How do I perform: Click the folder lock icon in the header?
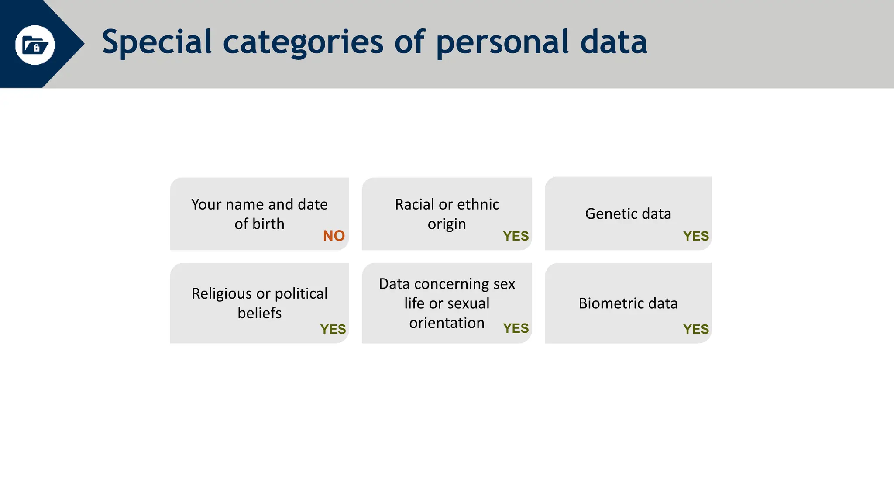pos(35,45)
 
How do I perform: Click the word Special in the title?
pos(157,42)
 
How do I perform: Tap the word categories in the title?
pos(303,42)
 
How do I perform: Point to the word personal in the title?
pos(502,42)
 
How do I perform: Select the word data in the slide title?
pos(613,42)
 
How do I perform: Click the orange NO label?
pos(334,236)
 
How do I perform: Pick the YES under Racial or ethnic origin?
pos(516,236)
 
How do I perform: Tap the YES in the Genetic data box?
pos(696,236)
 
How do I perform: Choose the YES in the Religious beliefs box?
pos(333,329)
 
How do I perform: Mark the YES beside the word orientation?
pos(516,328)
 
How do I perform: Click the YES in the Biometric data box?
pos(696,329)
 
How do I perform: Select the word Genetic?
pos(606,214)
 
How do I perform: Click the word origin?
pos(447,224)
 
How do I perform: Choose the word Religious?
pos(222,294)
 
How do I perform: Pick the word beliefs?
pos(259,313)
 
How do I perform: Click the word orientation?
pos(447,323)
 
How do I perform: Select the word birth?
pos(268,224)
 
